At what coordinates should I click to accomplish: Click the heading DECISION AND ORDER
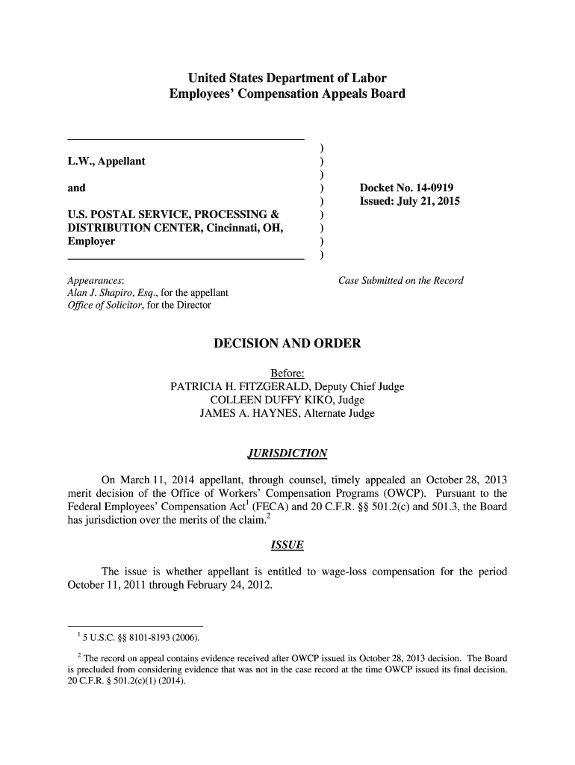coord(287,344)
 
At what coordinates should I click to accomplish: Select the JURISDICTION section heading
coord(287,453)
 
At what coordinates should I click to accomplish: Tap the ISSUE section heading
coord(287,545)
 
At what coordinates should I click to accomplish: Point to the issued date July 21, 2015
coord(435,202)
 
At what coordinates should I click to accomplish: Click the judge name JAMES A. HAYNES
coord(246,414)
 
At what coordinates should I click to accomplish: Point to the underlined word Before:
coord(287,374)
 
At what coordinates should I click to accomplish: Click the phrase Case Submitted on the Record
coord(401,281)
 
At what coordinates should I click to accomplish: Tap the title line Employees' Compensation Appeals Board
coord(287,94)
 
